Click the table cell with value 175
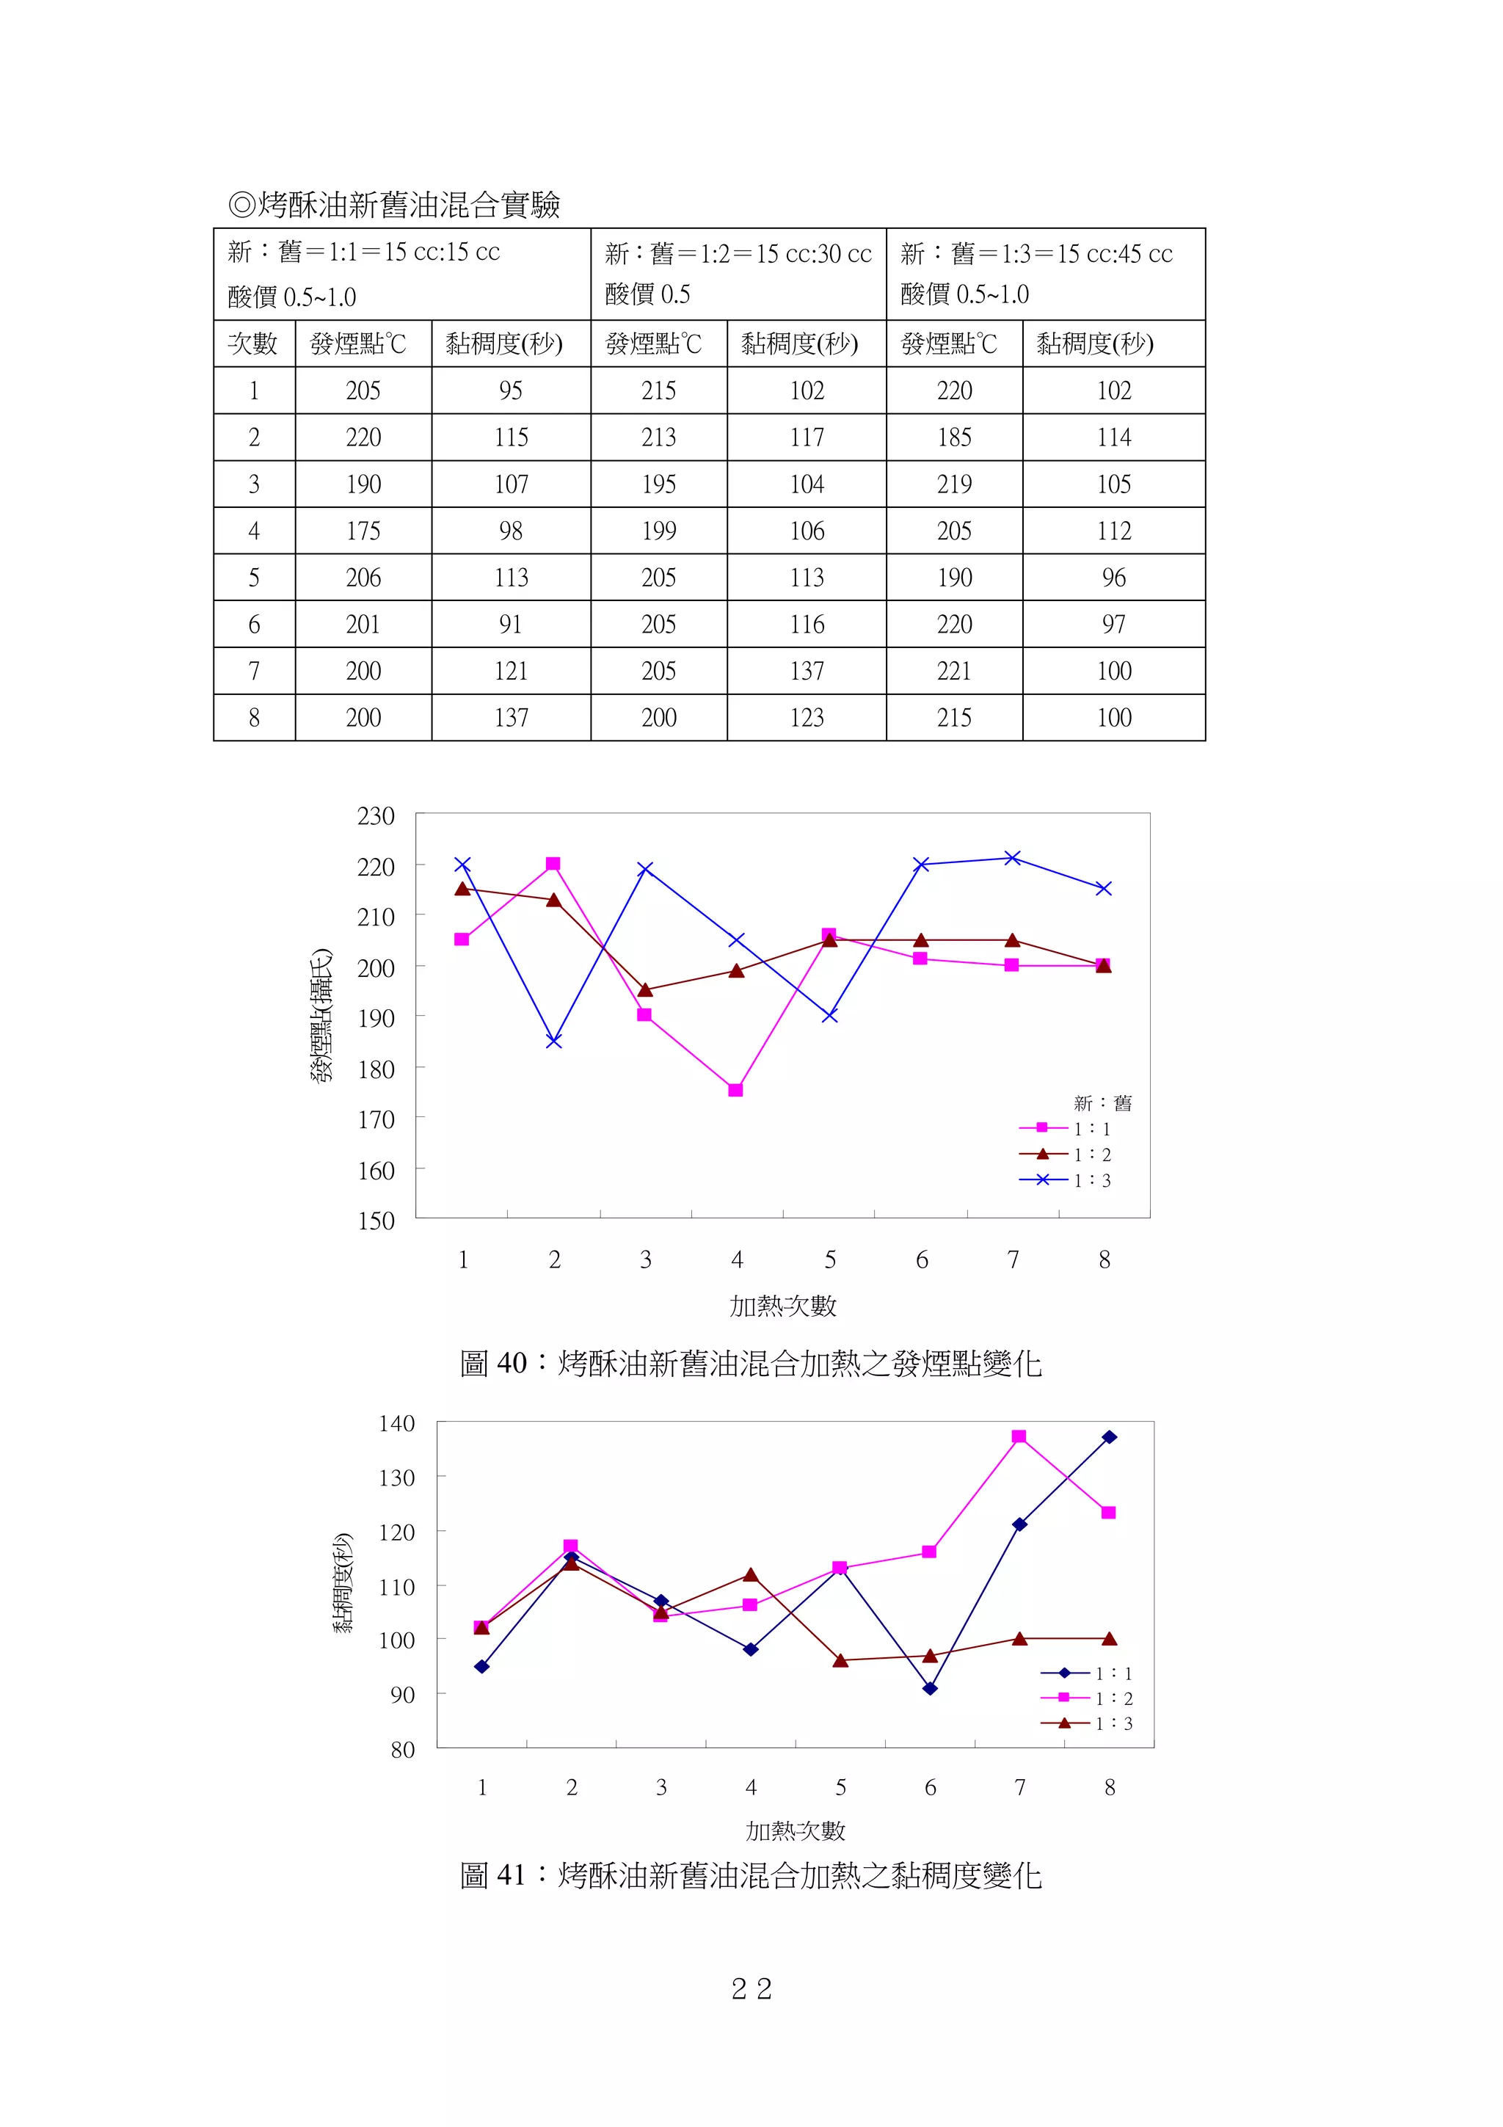(x=363, y=531)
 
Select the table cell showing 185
(x=954, y=437)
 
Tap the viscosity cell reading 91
(x=510, y=625)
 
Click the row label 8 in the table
(x=254, y=718)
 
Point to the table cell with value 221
(x=954, y=671)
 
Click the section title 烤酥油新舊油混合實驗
(x=396, y=205)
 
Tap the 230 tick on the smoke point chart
(x=376, y=816)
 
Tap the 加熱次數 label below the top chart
(x=782, y=1306)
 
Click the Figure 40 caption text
(x=750, y=1364)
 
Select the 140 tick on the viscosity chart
(x=396, y=1423)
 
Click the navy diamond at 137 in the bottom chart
(x=1110, y=1437)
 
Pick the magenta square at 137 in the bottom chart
(x=1019, y=1437)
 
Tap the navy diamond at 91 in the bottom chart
(x=930, y=1689)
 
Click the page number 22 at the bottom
(x=751, y=1989)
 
